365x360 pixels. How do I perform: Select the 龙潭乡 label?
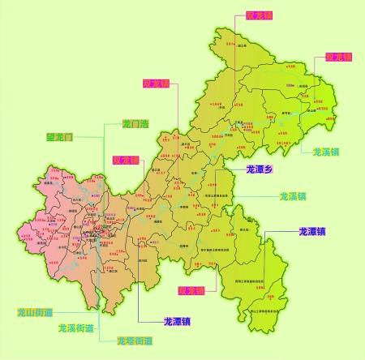click(x=262, y=169)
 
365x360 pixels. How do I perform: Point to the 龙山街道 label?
click(x=34, y=312)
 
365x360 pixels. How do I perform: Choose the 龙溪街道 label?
click(x=75, y=328)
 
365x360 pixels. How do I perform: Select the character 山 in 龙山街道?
click(x=28, y=312)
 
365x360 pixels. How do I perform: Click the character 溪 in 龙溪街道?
click(x=70, y=328)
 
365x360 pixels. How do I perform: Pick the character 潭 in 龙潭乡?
click(x=262, y=169)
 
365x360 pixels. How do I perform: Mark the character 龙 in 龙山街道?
click(x=19, y=312)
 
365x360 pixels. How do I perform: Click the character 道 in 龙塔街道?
click(x=148, y=340)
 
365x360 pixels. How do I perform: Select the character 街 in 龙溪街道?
click(x=80, y=328)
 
